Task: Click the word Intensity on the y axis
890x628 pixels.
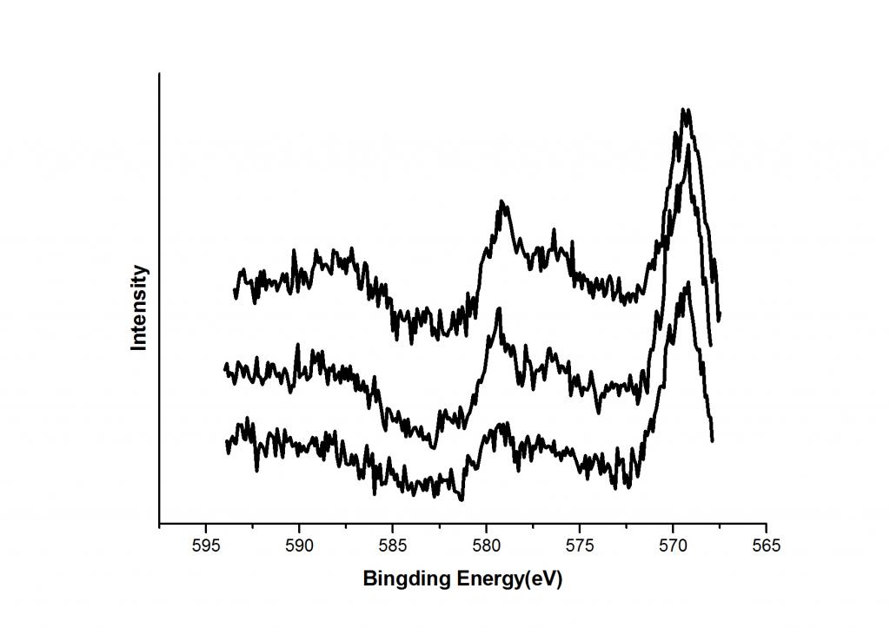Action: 139,308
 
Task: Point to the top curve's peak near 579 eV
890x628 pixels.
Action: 502,202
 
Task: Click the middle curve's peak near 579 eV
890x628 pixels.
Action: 499,309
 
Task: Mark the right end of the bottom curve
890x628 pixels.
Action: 713,441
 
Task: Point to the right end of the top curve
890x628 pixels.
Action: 720,320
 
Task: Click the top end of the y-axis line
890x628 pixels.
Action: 159,74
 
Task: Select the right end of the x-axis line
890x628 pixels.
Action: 766,525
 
